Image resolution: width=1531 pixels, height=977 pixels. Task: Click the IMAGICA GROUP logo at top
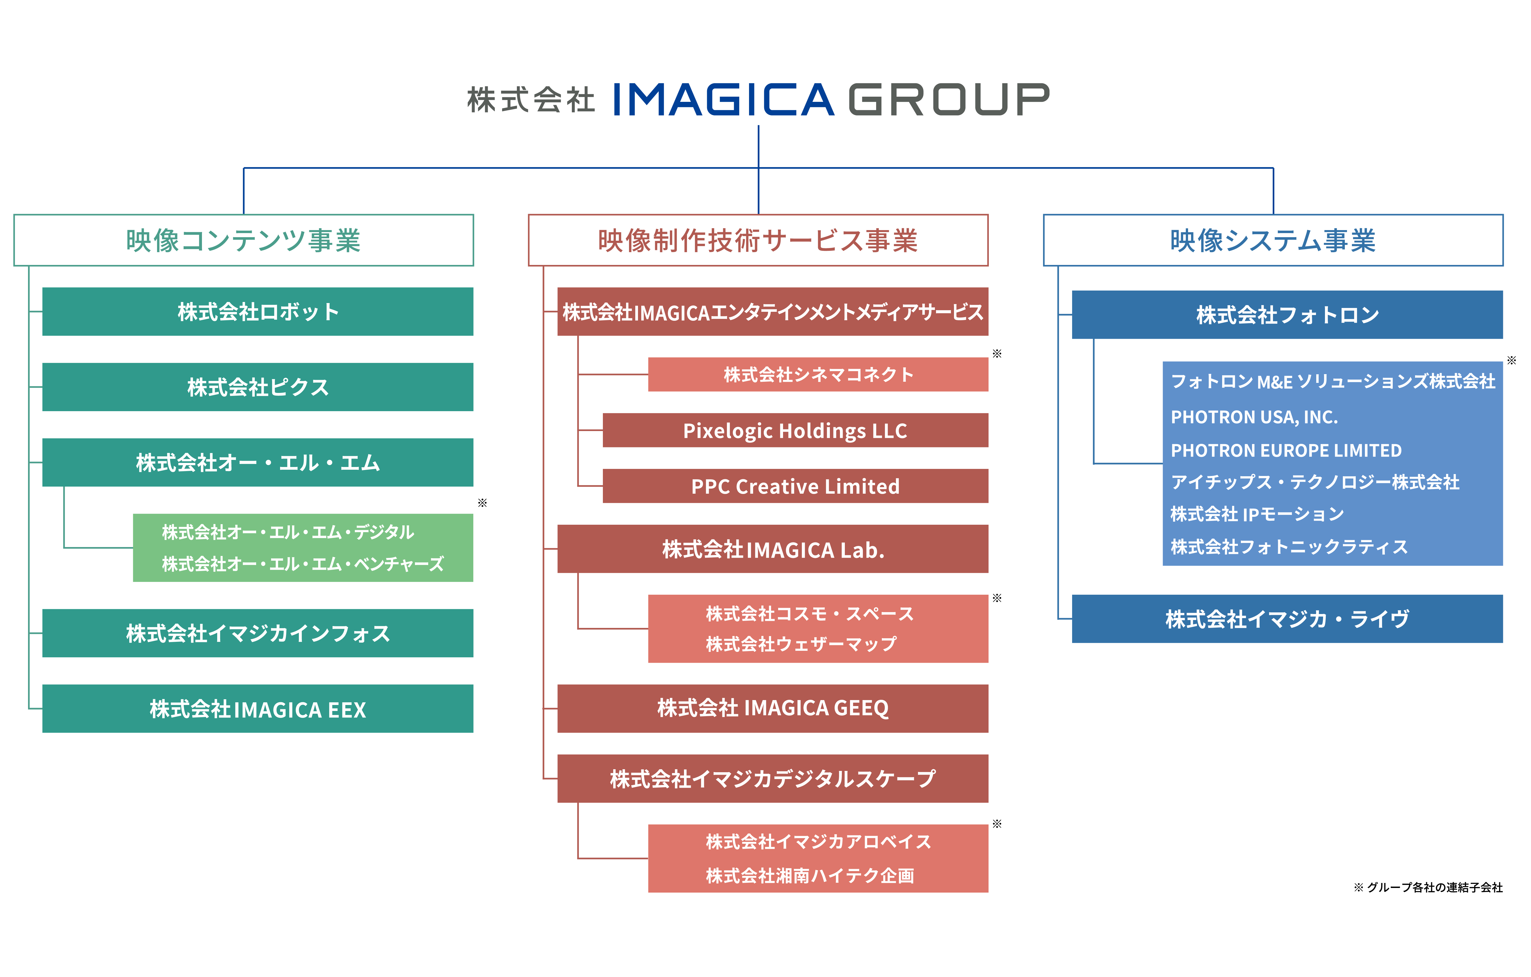click(758, 100)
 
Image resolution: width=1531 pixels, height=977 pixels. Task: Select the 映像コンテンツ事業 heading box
click(244, 240)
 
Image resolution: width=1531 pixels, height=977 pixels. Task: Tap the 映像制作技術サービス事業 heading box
click(758, 240)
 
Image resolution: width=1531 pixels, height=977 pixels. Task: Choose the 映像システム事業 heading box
click(1273, 240)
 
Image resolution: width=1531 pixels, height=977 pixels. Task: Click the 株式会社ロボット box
click(257, 312)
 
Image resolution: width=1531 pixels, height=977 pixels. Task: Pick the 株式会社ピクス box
click(257, 387)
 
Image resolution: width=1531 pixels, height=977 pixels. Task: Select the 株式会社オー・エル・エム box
click(257, 462)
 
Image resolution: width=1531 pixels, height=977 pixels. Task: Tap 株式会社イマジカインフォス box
click(257, 633)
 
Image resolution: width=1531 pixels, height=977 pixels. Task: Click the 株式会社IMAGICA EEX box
click(257, 709)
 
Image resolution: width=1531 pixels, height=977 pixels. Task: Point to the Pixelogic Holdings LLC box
click(795, 431)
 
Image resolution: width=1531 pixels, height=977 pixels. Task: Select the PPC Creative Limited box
click(795, 486)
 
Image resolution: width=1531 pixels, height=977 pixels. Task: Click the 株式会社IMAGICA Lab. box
click(772, 549)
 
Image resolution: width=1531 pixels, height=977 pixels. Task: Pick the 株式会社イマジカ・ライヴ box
click(1287, 619)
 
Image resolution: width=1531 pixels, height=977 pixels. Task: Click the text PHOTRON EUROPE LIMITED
click(1286, 450)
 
